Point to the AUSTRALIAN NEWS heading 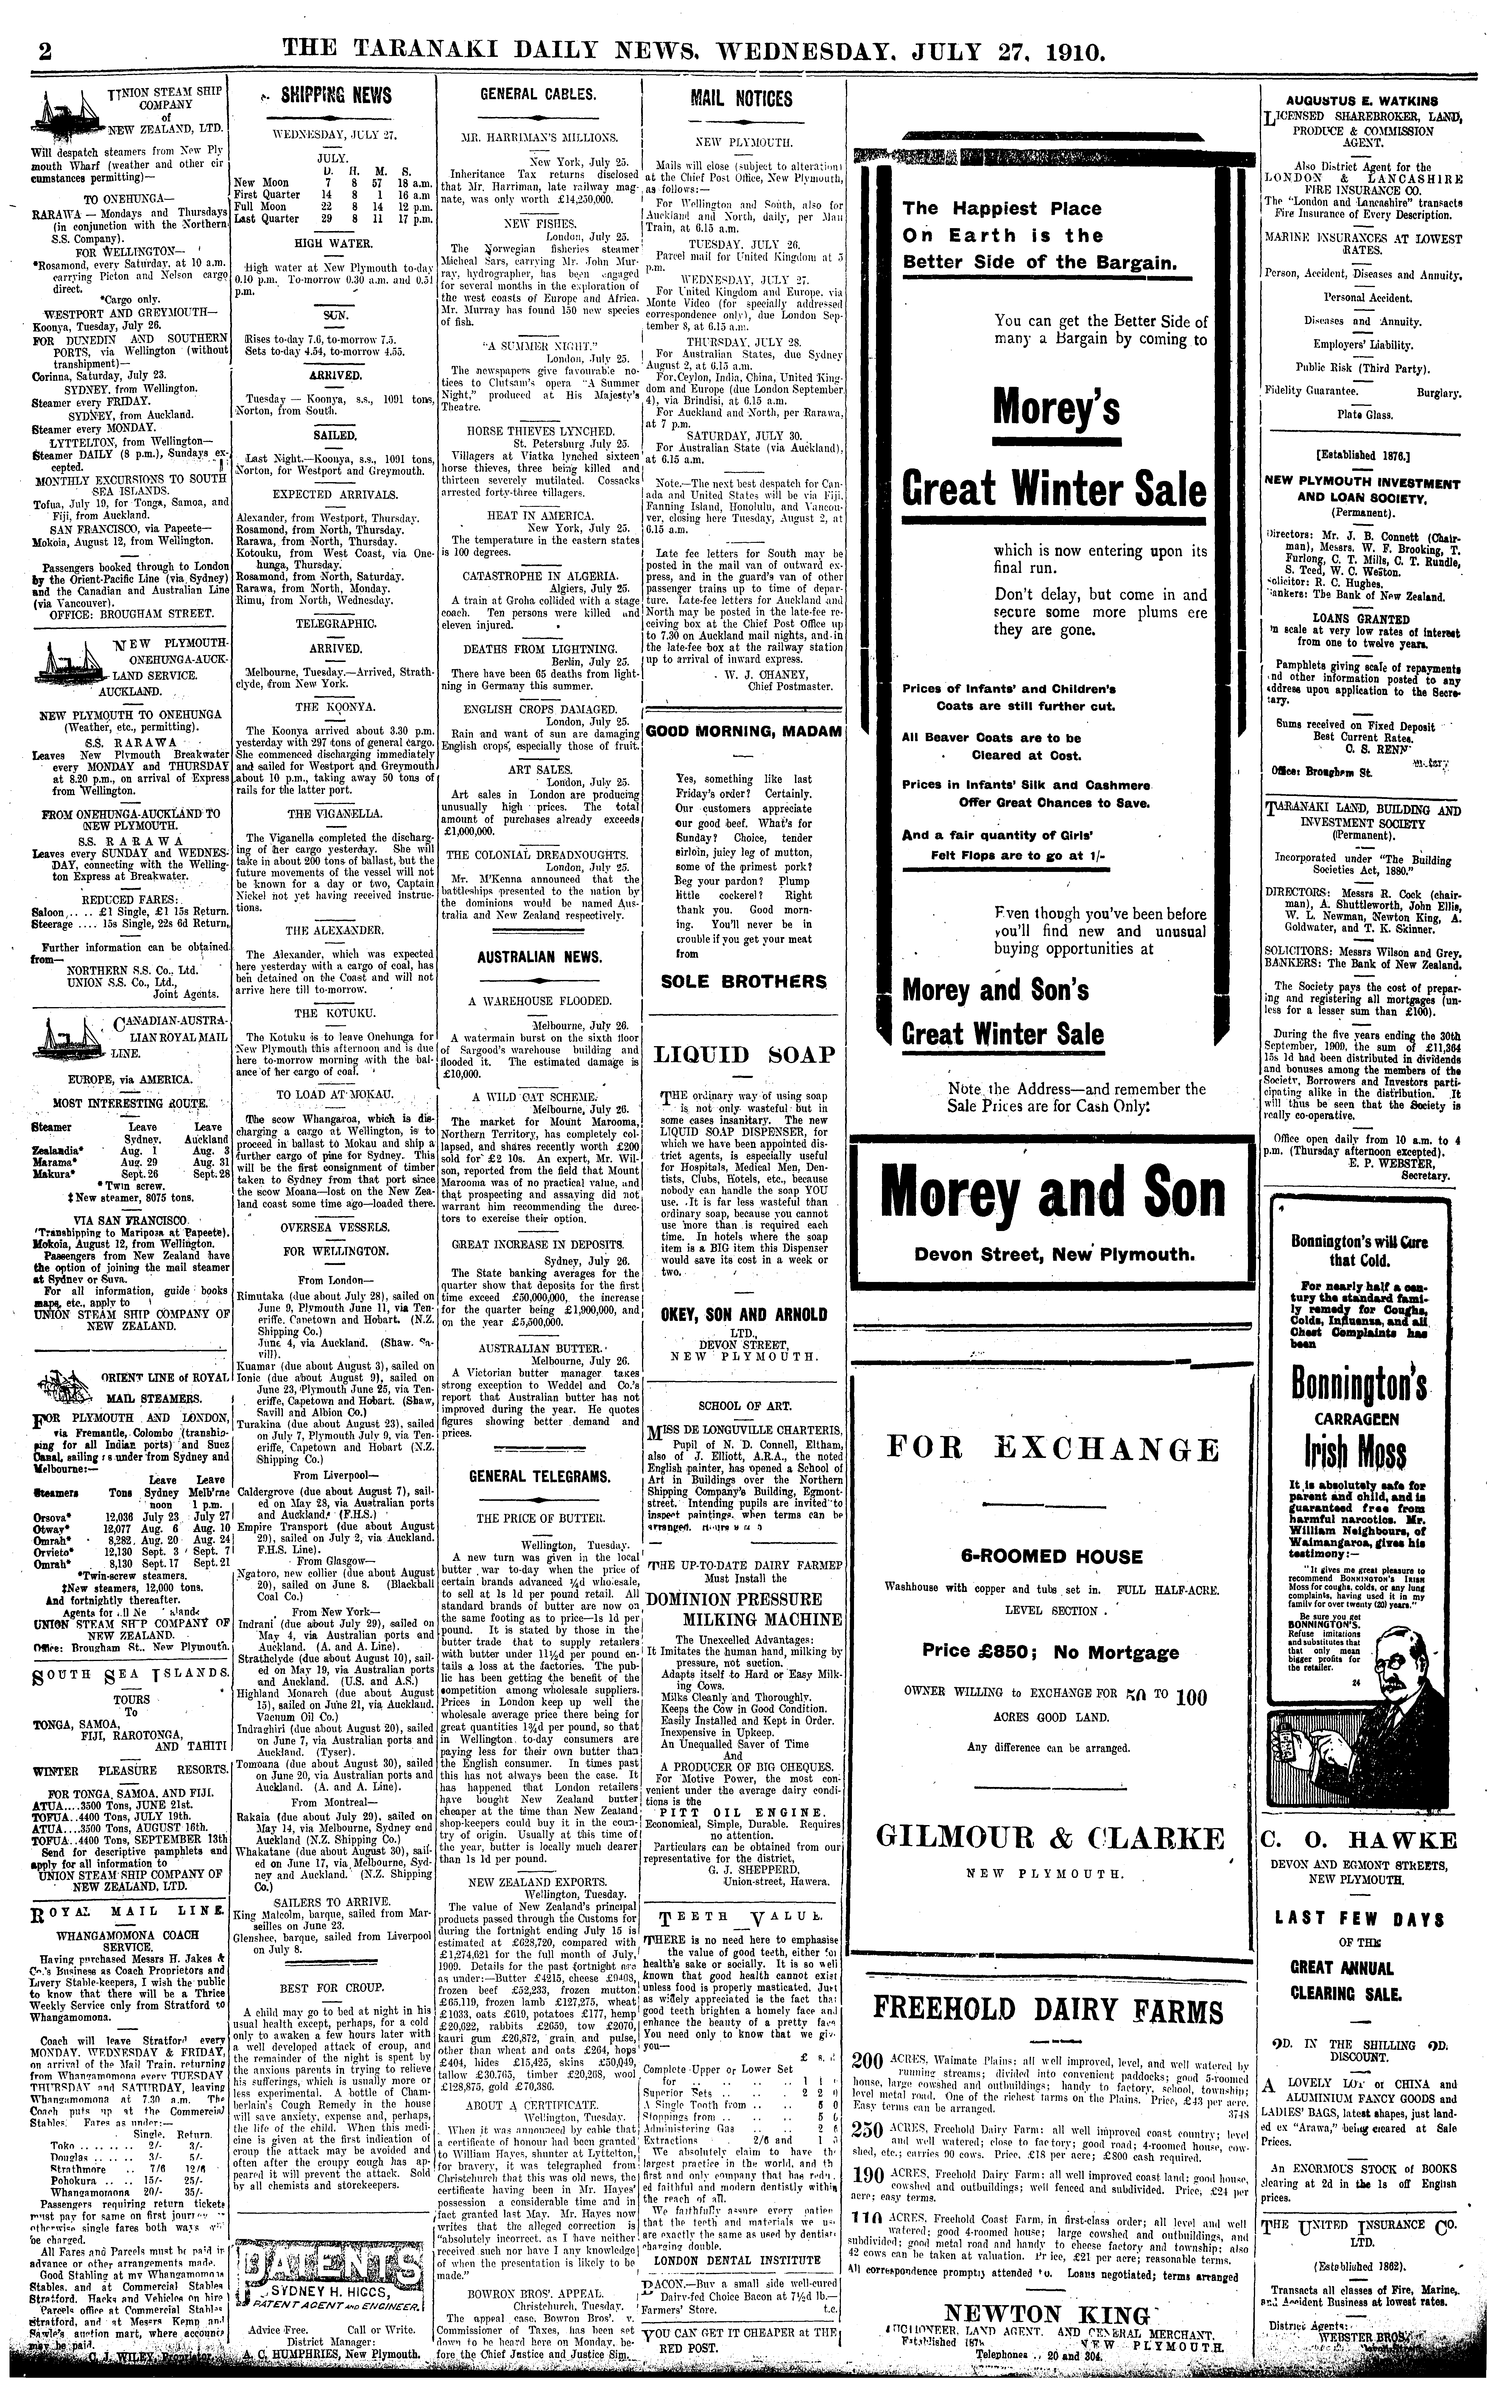pyautogui.click(x=539, y=958)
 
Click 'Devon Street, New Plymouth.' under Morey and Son pyautogui.click(x=1055, y=1254)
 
